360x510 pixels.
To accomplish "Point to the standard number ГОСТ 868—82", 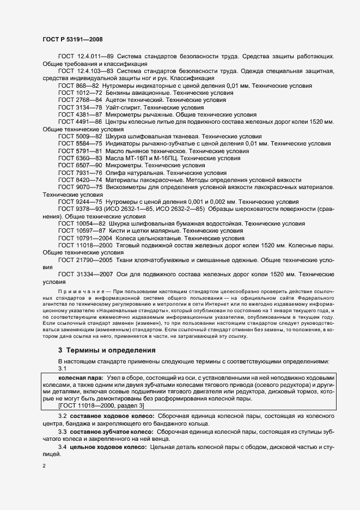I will coord(78,86).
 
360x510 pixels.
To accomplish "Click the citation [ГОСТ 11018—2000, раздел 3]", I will coord(101,405).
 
